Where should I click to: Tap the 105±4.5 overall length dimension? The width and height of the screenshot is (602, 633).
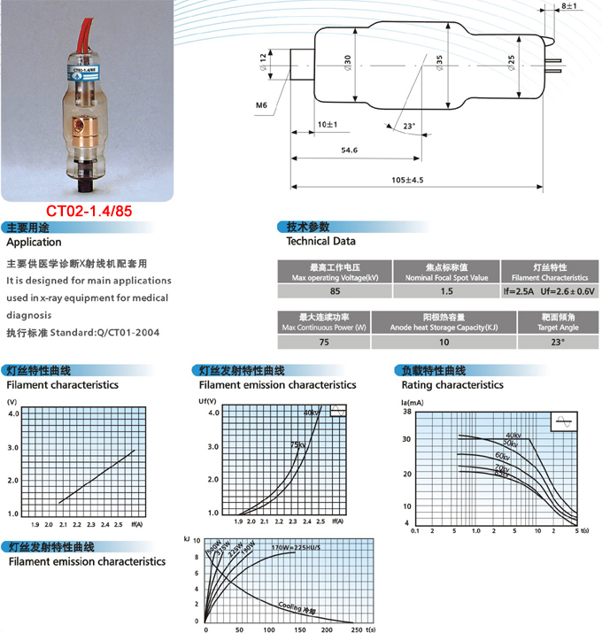coord(407,180)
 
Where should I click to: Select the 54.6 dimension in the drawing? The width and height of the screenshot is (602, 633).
coord(349,151)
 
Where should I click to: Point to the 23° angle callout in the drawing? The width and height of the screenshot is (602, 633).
coord(408,127)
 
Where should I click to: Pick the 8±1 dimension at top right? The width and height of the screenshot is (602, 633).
coord(568,7)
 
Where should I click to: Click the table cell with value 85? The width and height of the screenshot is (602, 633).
coord(335,290)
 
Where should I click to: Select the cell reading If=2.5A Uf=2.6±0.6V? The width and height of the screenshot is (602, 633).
coord(550,290)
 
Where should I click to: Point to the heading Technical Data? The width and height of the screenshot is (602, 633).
coord(320,241)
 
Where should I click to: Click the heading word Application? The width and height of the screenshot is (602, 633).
coord(34,242)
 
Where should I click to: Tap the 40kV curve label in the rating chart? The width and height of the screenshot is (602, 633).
coord(513,435)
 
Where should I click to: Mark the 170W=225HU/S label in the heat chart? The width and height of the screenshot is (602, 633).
coord(296,549)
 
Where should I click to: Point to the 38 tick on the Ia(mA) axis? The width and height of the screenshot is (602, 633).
coord(407,412)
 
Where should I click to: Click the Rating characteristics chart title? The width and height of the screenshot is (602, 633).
coord(452,385)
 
